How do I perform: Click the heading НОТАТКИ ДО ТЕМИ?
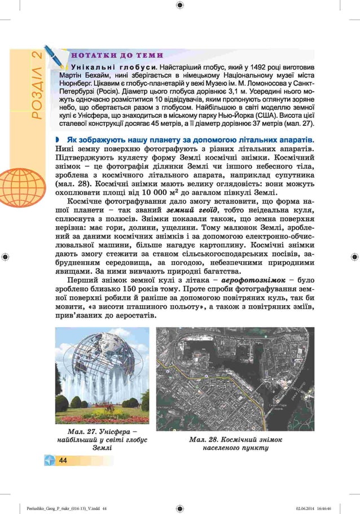(x=116, y=55)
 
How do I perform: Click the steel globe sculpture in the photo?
(x=102, y=362)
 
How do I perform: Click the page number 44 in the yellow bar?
(x=63, y=461)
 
